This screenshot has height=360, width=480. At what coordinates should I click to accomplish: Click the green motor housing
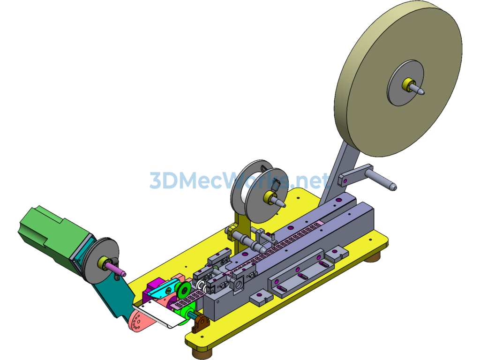52,236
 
